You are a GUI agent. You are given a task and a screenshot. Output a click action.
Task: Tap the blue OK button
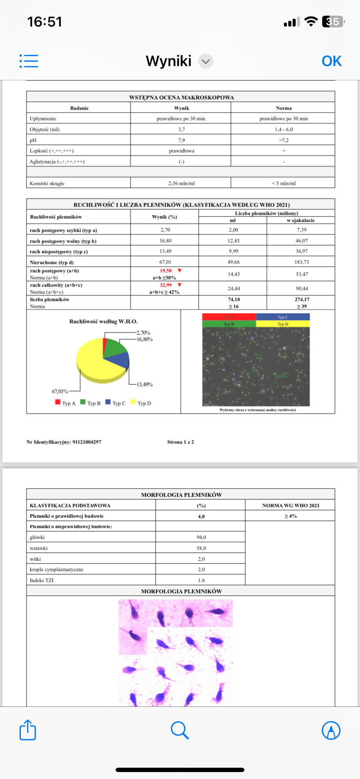(331, 61)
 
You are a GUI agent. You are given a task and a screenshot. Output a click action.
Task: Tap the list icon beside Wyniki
(29, 61)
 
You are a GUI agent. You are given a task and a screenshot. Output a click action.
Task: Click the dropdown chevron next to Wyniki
(206, 61)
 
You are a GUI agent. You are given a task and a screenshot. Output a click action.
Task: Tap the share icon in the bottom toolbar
(28, 730)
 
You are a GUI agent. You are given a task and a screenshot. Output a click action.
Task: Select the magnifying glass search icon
(180, 730)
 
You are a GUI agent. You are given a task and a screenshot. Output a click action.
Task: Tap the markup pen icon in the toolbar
(331, 730)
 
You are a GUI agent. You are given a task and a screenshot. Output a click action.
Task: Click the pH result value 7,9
(181, 140)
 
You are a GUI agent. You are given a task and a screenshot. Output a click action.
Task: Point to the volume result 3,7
(181, 130)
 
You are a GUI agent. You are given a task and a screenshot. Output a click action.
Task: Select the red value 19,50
(166, 270)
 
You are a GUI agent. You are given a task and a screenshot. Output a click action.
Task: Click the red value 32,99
(166, 285)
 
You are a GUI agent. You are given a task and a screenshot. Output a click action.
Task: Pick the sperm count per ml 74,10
(233, 300)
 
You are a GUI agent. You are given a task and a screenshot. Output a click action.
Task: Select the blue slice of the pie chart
(120, 360)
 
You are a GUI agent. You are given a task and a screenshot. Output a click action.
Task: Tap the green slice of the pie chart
(115, 347)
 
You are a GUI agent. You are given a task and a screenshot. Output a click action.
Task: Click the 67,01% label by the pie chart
(60, 391)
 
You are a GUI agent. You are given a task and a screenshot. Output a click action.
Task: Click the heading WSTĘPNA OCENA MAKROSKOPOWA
(181, 97)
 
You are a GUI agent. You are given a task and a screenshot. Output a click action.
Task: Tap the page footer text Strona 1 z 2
(180, 442)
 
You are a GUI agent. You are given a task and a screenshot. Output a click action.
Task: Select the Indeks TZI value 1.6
(201, 580)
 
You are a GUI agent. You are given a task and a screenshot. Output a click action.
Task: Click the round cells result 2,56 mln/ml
(181, 183)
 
